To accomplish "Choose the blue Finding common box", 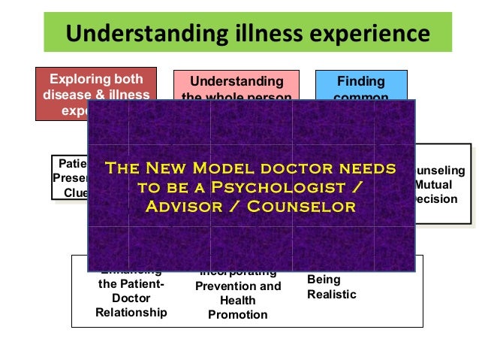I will click(x=360, y=84).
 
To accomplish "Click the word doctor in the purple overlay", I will click(x=301, y=167).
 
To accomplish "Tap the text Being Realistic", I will click(x=331, y=287).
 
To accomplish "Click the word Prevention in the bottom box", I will click(x=238, y=286).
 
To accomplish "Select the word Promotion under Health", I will click(x=238, y=315).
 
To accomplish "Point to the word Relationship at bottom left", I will click(x=131, y=312).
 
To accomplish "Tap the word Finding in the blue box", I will click(x=361, y=81).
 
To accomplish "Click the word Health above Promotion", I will click(x=238, y=301).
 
